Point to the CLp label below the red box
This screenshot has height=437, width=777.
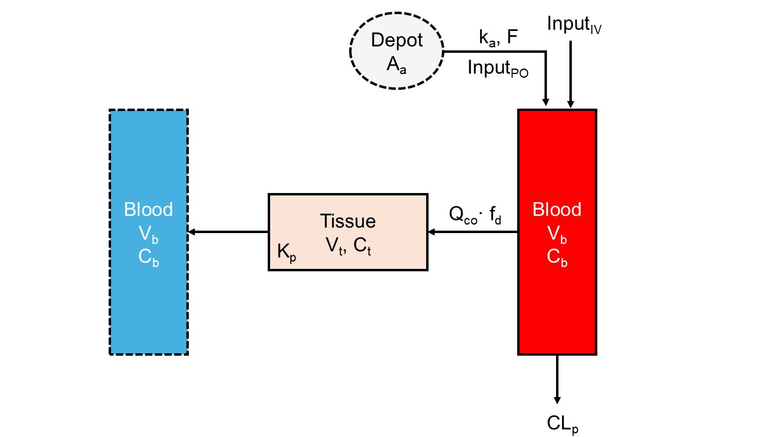[562, 424]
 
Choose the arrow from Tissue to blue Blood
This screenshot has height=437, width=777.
[228, 232]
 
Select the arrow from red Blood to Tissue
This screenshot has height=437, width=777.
[473, 232]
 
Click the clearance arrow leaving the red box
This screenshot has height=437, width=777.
[557, 379]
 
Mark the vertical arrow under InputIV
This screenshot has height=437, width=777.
[570, 73]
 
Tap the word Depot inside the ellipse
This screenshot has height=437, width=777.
[396, 41]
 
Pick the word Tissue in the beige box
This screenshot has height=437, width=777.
[348, 222]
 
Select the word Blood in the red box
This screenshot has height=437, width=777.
[557, 209]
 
